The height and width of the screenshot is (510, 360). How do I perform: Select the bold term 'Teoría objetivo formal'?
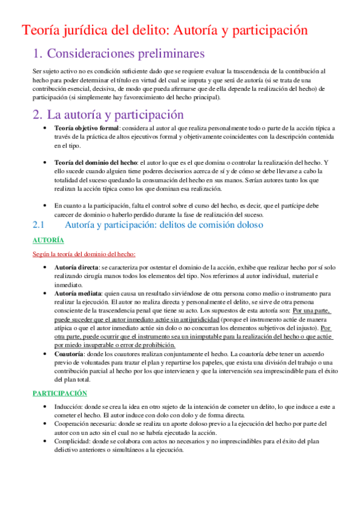pyautogui.click(x=86, y=128)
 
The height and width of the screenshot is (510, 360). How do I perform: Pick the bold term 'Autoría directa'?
pyautogui.click(x=76, y=266)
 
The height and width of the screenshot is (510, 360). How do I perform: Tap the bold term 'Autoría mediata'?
pyautogui.click(x=77, y=293)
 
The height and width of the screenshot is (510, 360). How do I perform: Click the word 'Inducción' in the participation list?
pyautogui.click(x=68, y=407)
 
